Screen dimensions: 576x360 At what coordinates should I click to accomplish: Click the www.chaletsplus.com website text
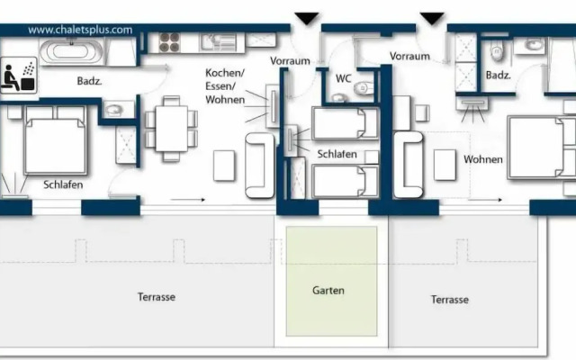click(80, 30)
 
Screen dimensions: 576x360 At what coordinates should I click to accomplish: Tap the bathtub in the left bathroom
click(72, 51)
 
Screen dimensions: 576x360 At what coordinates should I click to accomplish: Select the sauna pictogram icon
click(19, 75)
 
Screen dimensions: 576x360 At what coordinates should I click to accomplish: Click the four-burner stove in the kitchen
click(169, 42)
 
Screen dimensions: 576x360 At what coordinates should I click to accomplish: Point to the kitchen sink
click(218, 42)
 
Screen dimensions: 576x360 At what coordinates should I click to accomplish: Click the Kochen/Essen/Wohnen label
click(225, 86)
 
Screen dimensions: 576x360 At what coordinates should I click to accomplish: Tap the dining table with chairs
click(172, 129)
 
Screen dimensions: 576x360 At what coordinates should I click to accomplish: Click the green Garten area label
click(328, 291)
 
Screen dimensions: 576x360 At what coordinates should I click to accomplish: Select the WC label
click(344, 78)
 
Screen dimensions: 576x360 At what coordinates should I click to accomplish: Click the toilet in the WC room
click(363, 88)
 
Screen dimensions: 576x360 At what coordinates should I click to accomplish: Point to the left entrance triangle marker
click(307, 18)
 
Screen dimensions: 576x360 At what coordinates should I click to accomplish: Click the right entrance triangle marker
click(432, 18)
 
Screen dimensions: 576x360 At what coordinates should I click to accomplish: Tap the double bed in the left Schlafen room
click(56, 140)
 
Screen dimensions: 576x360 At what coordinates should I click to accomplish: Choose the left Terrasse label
click(157, 297)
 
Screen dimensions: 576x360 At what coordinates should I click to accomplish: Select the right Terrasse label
click(450, 300)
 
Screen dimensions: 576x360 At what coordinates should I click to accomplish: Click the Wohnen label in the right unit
click(483, 159)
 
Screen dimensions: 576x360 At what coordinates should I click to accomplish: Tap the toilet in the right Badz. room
click(497, 50)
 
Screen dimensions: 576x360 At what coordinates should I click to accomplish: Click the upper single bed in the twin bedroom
click(346, 123)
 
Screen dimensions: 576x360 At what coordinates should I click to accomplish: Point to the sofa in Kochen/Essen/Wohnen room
click(260, 166)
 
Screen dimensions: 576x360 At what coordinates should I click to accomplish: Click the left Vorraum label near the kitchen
click(290, 61)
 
